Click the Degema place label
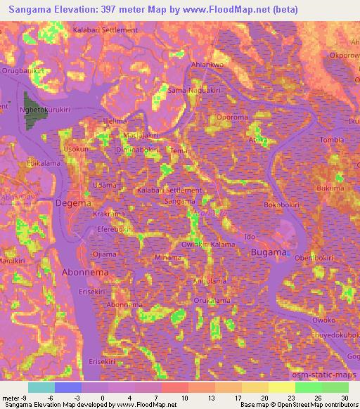(x=73, y=204)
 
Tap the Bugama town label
(x=270, y=252)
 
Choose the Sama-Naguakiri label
(x=194, y=91)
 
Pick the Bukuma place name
(x=330, y=188)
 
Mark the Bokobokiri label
(x=283, y=205)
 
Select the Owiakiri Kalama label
(x=208, y=244)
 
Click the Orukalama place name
(x=212, y=300)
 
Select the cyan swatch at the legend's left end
(x=41, y=387)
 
